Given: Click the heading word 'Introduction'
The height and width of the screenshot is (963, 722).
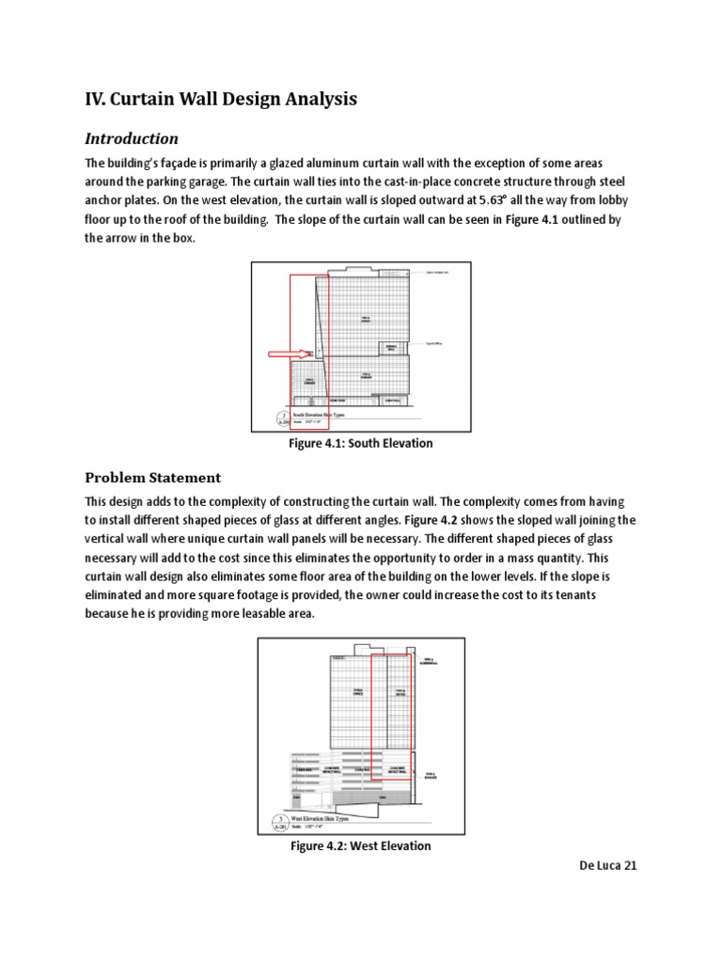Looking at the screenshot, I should coord(132,138).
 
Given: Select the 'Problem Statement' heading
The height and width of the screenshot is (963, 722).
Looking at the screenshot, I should coord(153,477).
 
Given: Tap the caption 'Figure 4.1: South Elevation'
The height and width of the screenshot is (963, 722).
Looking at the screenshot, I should coord(360,443).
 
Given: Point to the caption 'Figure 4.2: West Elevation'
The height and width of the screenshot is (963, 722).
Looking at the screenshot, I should coord(360,845).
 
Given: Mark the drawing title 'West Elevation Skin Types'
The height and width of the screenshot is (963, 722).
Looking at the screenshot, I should coord(335,819).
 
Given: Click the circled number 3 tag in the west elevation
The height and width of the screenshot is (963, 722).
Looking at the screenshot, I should coord(276,822).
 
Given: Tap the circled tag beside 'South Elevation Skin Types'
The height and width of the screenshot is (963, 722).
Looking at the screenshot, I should coord(274,417).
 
